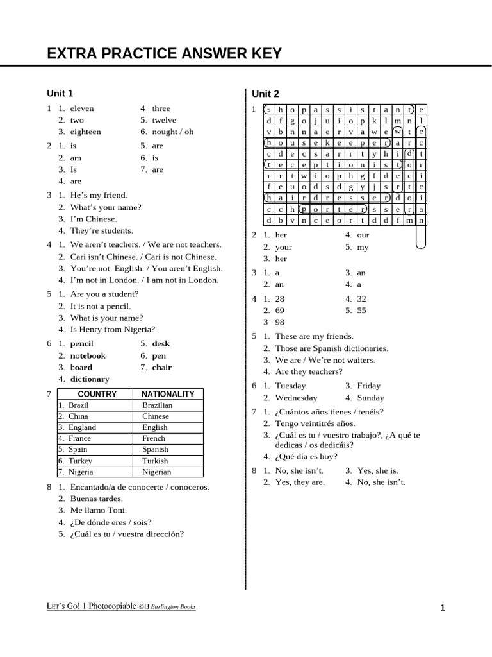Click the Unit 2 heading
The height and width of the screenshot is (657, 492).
tap(265, 94)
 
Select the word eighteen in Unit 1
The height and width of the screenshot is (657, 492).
tap(85, 132)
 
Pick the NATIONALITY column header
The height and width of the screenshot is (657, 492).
tap(168, 394)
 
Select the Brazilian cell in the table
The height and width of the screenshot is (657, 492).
tap(157, 405)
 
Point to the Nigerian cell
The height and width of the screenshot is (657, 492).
tap(157, 472)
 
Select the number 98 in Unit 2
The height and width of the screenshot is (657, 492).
tap(280, 322)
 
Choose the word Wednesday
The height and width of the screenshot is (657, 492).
tap(296, 398)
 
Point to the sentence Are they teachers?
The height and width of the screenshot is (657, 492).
tap(309, 371)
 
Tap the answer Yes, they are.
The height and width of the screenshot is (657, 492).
tap(300, 482)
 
